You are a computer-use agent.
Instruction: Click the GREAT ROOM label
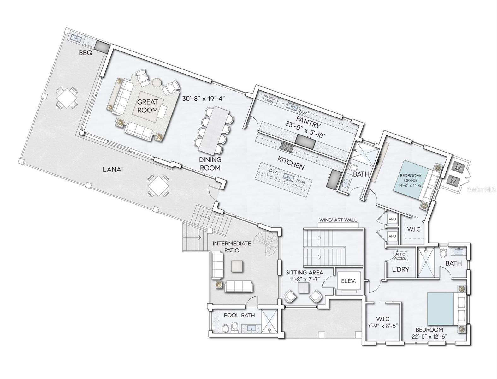click(x=147, y=106)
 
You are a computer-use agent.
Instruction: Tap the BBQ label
click(x=85, y=53)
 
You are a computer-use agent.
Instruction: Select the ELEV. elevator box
click(x=348, y=281)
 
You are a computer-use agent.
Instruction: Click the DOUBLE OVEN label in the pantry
click(x=270, y=100)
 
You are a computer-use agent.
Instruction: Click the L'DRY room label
click(x=400, y=269)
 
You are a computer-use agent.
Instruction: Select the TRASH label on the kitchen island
click(x=300, y=180)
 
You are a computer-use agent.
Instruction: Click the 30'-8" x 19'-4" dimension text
click(x=203, y=99)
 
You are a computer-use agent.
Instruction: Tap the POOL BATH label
click(x=239, y=315)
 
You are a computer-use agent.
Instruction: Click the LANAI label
click(x=113, y=170)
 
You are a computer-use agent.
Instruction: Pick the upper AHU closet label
click(x=392, y=219)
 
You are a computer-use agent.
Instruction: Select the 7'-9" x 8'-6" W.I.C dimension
click(x=385, y=325)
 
